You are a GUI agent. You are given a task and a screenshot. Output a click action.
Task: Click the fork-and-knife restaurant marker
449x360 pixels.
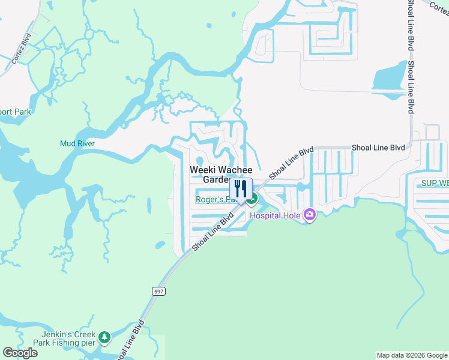241,189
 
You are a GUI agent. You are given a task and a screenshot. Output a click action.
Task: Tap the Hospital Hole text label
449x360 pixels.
277,215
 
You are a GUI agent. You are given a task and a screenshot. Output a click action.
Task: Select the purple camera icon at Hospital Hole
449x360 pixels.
310,214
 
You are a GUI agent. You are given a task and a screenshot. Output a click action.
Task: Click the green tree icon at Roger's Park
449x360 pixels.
254,199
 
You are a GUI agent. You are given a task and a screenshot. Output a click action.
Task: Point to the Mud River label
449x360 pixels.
77,143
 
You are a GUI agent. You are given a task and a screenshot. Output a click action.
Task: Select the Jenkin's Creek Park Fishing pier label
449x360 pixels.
68,338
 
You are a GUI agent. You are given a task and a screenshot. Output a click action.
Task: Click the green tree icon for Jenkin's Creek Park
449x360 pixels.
105,338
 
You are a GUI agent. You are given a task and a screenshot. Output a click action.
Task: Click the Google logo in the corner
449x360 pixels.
20,353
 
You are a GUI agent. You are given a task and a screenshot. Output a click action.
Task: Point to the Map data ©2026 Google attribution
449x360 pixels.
411,355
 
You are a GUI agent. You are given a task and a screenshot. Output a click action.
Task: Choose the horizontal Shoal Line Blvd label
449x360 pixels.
378,147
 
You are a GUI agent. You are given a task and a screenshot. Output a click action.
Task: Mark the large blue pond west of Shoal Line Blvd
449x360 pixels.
388,80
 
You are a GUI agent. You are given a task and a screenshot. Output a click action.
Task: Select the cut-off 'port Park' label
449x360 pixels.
16,112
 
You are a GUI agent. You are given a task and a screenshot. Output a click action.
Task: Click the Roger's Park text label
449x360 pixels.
212,200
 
